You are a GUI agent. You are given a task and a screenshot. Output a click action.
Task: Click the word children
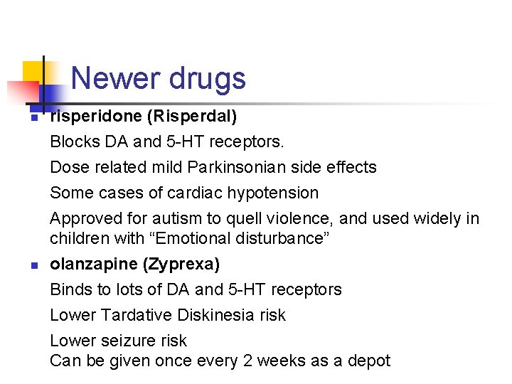(75, 238)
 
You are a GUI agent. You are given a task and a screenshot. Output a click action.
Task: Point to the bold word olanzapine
(93, 264)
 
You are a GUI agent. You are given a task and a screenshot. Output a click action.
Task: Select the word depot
(369, 361)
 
